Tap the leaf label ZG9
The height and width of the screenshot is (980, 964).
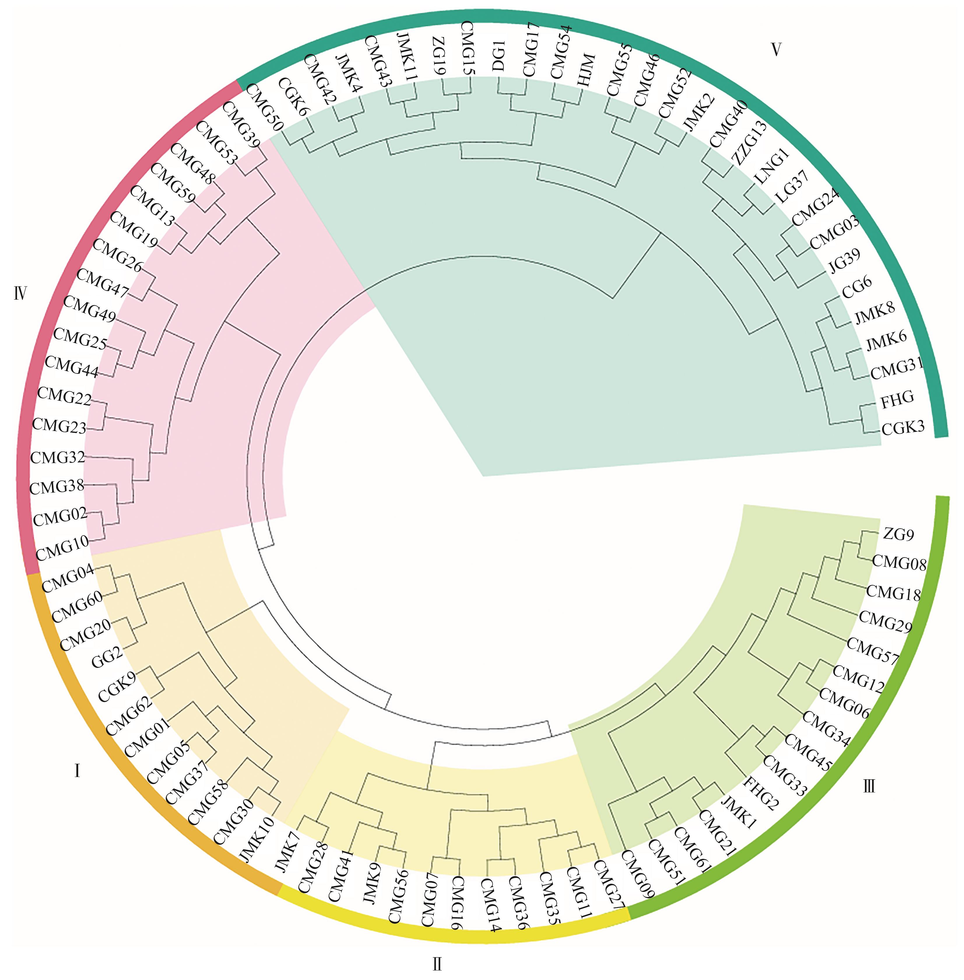899,534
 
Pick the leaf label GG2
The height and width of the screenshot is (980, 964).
107,658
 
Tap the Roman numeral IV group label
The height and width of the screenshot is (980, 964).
20,294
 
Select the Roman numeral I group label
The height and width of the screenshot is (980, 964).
77,771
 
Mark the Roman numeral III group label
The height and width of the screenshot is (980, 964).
869,787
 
